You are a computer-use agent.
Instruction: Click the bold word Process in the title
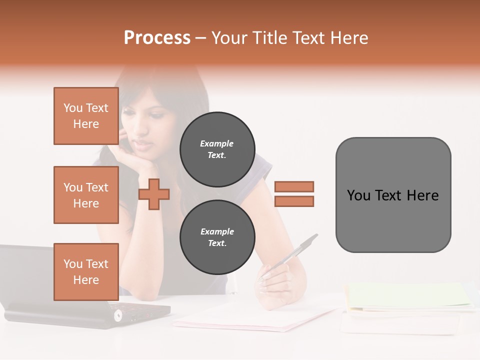point(157,38)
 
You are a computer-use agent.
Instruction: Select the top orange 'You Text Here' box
point(86,116)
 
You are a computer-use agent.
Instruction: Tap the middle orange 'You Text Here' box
point(86,195)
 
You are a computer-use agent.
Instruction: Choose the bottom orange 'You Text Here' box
point(86,272)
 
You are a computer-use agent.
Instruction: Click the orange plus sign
point(154,194)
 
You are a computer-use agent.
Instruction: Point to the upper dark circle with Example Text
point(217,149)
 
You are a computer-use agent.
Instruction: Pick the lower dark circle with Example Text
point(217,237)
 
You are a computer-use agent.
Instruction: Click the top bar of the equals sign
point(294,186)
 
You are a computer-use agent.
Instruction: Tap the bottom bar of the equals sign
point(294,201)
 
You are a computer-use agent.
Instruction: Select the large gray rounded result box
point(393,195)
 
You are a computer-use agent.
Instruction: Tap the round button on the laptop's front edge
point(118,315)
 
